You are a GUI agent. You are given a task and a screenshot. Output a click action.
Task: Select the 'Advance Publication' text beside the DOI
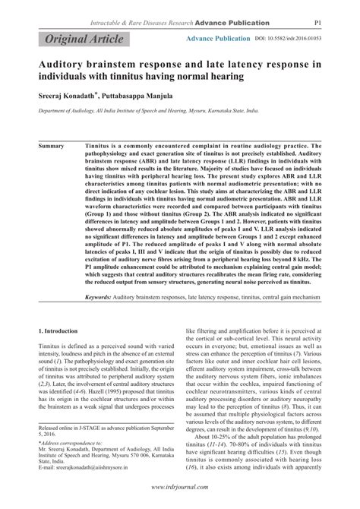pos(216,37)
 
